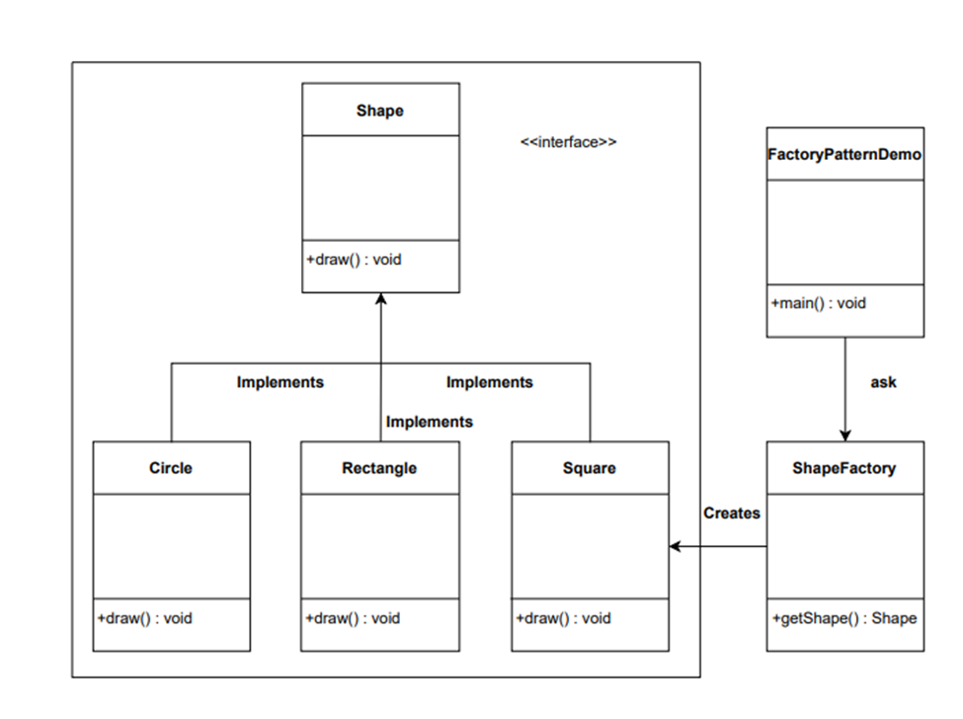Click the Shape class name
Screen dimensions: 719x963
(380, 111)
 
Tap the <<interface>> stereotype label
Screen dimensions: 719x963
(568, 142)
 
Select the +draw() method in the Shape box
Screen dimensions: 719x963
(355, 260)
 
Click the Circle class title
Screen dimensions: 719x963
(171, 467)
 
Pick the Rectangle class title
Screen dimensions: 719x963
(379, 467)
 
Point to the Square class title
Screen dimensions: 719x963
(590, 467)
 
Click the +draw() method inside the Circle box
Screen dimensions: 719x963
(145, 618)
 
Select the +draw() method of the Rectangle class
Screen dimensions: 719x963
(354, 618)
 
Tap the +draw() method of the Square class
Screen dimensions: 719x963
(564, 618)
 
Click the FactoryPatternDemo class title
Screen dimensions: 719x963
(844, 154)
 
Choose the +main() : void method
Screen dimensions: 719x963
(819, 303)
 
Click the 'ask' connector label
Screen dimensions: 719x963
(883, 382)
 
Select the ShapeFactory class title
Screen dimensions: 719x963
(844, 467)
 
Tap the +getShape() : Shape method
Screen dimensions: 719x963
(843, 618)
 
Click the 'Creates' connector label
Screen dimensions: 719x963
(732, 513)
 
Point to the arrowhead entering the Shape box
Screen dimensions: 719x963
(381, 299)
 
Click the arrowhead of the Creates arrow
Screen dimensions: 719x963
(676, 546)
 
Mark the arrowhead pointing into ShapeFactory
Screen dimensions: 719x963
(844, 435)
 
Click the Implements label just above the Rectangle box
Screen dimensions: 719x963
(429, 422)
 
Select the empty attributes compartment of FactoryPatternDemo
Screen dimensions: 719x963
(844, 232)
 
